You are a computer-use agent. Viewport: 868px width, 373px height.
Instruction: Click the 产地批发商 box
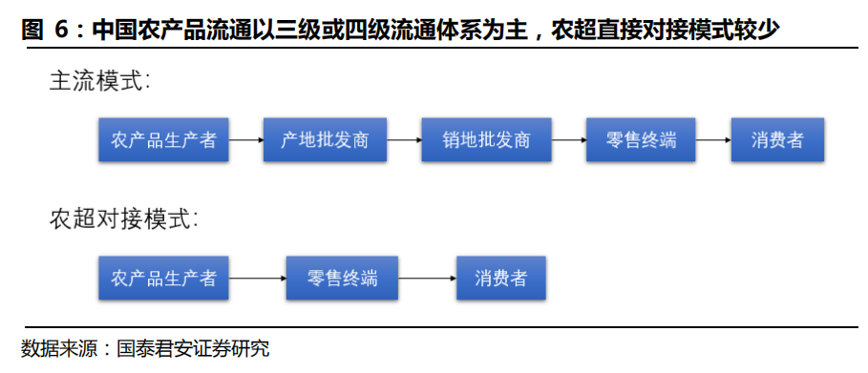click(325, 140)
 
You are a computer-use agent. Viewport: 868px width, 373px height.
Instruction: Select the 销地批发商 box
click(486, 140)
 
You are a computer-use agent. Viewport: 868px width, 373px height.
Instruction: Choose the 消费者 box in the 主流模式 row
click(777, 140)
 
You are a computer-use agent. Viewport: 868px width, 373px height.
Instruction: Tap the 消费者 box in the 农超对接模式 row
click(501, 279)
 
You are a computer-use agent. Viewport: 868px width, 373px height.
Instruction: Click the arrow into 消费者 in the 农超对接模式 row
click(427, 279)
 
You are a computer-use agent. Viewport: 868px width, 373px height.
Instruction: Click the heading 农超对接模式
click(124, 219)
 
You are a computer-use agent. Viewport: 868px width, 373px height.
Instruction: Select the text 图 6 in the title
click(44, 31)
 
